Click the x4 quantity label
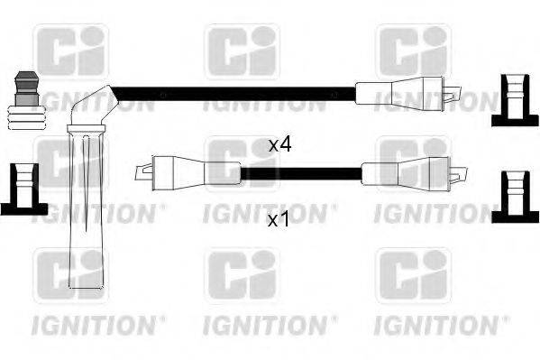tap(279, 144)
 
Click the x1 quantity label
tap(279, 220)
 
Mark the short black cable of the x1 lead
tap(301, 171)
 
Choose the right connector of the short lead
tap(405, 171)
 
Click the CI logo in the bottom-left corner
tap(71, 275)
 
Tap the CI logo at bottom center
tap(242, 275)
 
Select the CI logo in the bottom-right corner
tap(412, 275)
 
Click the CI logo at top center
tap(242, 50)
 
